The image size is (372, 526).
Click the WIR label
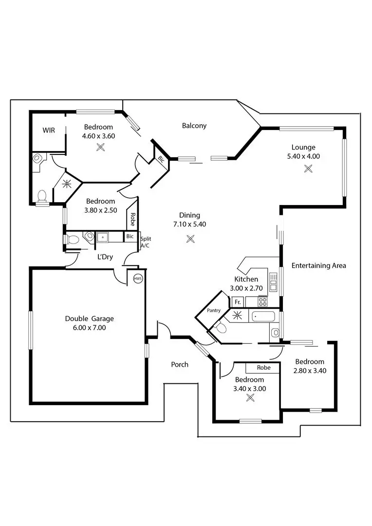(49, 130)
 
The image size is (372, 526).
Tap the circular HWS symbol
(138, 279)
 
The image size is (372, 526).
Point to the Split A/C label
(146, 243)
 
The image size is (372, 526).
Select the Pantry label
(213, 310)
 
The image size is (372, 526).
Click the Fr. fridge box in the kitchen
(238, 302)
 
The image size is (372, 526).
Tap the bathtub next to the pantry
(263, 317)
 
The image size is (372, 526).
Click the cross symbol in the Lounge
(308, 169)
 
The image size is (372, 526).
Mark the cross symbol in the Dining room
(190, 239)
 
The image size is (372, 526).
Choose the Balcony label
(194, 126)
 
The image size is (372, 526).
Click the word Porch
(180, 364)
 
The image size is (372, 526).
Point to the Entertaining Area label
(318, 265)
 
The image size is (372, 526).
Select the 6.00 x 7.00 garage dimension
(89, 328)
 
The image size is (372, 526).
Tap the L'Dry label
(105, 257)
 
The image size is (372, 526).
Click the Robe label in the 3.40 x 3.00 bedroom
(263, 368)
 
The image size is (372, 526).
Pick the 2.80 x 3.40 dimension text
(309, 371)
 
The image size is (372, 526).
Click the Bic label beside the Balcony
(161, 159)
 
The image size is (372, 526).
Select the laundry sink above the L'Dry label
(103, 237)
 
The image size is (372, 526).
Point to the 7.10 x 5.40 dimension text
(189, 225)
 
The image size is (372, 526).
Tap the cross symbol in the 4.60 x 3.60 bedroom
(101, 147)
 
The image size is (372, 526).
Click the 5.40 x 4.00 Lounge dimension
(303, 156)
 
